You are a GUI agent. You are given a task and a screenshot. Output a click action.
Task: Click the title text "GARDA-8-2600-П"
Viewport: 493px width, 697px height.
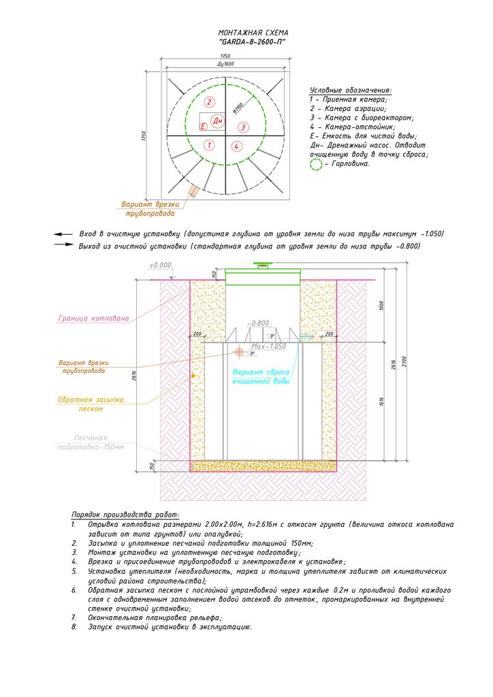[253, 42]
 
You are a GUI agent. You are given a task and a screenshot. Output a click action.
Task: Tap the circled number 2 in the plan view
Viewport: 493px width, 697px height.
[210, 102]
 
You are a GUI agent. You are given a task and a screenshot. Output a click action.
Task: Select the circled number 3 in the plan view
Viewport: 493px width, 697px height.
[243, 127]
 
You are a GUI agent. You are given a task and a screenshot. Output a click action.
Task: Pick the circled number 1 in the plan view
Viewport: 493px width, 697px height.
[210, 145]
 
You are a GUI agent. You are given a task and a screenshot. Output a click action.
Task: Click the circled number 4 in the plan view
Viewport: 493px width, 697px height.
[236, 146]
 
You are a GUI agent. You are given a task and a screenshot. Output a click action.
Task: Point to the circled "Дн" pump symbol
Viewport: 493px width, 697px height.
[218, 121]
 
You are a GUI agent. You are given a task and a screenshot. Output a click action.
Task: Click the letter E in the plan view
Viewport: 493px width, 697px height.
[202, 127]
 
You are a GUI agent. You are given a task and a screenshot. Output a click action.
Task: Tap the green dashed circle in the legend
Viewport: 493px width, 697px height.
[316, 164]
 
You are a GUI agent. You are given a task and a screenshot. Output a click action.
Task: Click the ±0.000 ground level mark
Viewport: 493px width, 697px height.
[163, 265]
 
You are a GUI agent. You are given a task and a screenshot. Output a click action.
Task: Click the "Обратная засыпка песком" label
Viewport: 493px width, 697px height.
[90, 404]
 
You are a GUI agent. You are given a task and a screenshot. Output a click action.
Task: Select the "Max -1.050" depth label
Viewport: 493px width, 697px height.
[268, 346]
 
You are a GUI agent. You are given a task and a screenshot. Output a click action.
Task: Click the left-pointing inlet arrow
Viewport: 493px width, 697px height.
[63, 233]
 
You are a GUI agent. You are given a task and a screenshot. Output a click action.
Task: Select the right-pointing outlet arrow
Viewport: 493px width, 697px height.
[63, 245]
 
